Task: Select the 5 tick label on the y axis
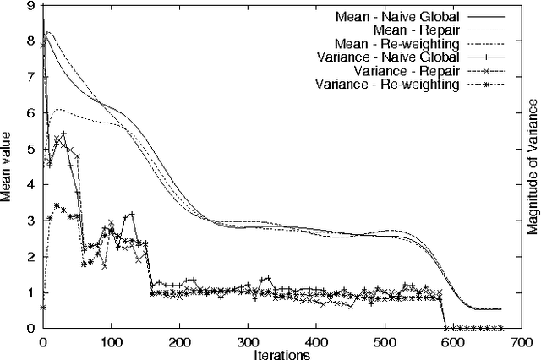coord(31,150)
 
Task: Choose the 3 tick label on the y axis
coord(31,221)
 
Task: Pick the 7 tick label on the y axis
coord(31,78)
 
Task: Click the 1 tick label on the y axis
coord(31,292)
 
